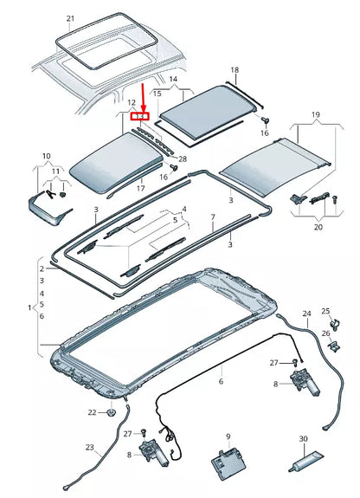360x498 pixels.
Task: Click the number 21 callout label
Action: pyautogui.click(x=71, y=18)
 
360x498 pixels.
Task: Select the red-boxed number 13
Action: pyautogui.click(x=139, y=115)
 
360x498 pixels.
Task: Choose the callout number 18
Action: pyautogui.click(x=234, y=69)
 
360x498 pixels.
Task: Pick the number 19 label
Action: pyautogui.click(x=316, y=115)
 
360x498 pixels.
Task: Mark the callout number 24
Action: pyautogui.click(x=305, y=313)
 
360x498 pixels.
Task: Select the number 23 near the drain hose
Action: pyautogui.click(x=89, y=449)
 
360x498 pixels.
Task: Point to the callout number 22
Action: pyautogui.click(x=92, y=411)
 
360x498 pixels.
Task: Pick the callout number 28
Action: pyautogui.click(x=183, y=158)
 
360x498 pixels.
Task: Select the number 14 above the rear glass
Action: pyautogui.click(x=173, y=79)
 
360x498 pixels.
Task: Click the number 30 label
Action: pyautogui.click(x=304, y=439)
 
